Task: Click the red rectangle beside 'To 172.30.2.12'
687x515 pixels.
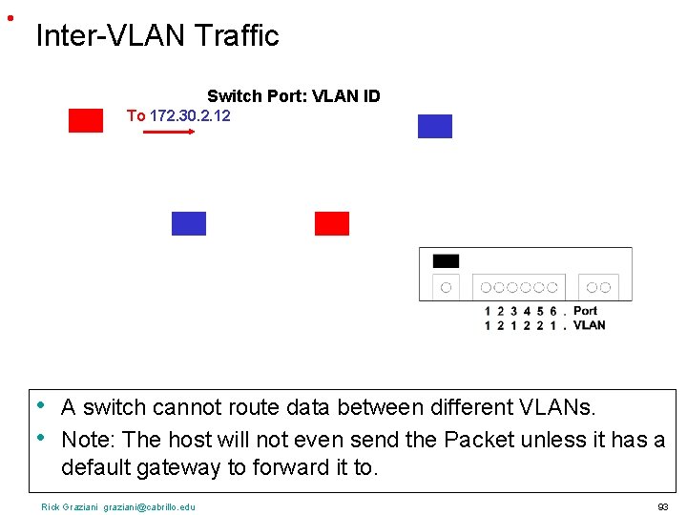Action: tap(86, 120)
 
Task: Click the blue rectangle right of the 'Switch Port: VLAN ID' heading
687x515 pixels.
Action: tap(435, 126)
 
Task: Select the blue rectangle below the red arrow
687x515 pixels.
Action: tap(189, 223)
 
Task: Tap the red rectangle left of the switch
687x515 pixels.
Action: tap(332, 223)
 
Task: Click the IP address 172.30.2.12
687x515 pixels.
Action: tap(190, 115)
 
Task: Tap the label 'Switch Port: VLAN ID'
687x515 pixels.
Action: tap(294, 96)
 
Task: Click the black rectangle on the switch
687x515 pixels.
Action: tap(446, 260)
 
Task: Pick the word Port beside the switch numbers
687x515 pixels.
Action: tap(586, 311)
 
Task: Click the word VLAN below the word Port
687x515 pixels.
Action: tap(589, 325)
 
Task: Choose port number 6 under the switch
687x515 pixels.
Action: tap(552, 311)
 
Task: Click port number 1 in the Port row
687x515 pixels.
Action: tap(488, 311)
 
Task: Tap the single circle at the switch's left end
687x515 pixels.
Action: tap(446, 287)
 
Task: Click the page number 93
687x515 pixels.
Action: tap(663, 506)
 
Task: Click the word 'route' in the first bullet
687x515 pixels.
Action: tap(253, 408)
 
